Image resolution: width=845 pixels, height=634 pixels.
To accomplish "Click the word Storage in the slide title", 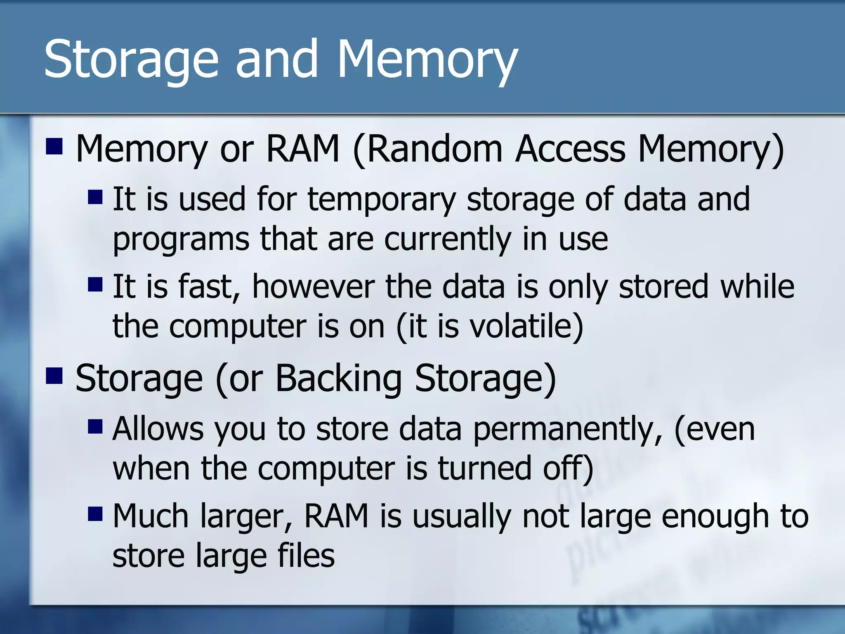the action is tap(130, 60).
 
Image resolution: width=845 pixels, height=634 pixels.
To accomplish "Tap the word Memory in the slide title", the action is tap(427, 60).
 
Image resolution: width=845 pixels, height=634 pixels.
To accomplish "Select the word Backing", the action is tap(338, 379).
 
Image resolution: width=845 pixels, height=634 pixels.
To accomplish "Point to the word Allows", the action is tap(158, 429).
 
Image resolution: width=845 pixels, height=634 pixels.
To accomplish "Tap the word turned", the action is tap(484, 469).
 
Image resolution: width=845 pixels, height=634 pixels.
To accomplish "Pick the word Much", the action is tap(151, 516).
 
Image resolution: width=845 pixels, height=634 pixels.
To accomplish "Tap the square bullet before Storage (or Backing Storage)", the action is tap(54, 376).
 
